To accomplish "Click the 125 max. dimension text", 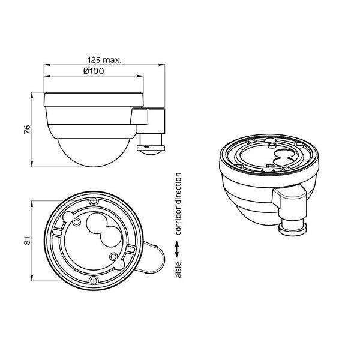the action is click(104, 60).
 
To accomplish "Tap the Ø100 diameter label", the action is click(94, 71).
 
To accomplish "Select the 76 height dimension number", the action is click(27, 130).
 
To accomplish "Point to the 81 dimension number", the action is click(27, 241).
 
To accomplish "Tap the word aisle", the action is click(178, 270).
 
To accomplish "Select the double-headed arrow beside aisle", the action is click(177, 249).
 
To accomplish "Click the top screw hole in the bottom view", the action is click(94, 201).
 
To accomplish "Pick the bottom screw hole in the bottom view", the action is click(94, 280).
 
